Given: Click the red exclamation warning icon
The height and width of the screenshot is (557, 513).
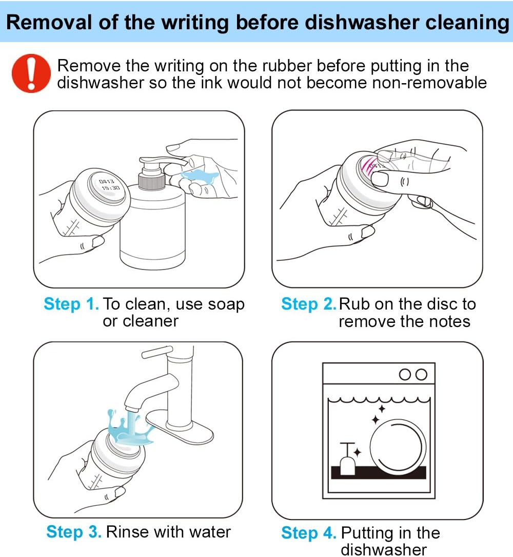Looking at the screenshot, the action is click(x=31, y=73).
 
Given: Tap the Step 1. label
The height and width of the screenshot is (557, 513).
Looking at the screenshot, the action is click(x=71, y=304).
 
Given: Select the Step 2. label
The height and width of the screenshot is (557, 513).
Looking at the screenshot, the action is click(x=308, y=304).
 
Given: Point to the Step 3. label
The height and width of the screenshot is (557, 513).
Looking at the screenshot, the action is click(x=74, y=532).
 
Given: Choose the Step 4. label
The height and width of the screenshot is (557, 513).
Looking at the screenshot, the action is click(x=308, y=533).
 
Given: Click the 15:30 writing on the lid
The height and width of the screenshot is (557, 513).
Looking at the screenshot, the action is click(x=111, y=187).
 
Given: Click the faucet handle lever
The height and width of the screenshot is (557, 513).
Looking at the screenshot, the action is click(x=157, y=352).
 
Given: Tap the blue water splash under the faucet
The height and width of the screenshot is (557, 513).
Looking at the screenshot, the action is click(x=130, y=429).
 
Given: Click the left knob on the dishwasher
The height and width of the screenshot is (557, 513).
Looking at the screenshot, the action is click(x=405, y=374).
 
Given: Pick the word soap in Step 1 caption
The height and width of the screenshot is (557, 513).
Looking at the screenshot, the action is click(x=226, y=304).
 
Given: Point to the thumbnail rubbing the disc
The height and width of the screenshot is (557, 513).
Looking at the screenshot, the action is click(x=380, y=179).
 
